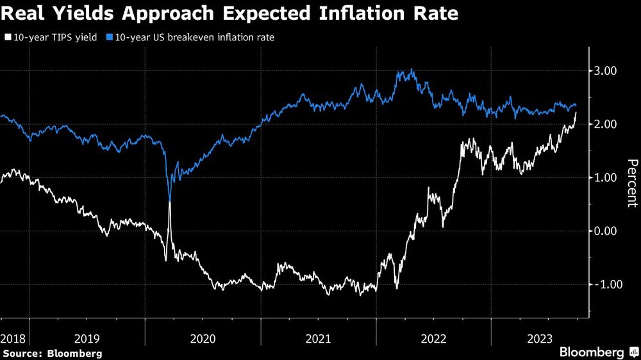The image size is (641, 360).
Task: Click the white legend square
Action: tap(7, 38)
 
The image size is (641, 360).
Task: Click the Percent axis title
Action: tap(631, 183)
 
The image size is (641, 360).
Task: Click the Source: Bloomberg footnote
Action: tap(53, 353)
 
